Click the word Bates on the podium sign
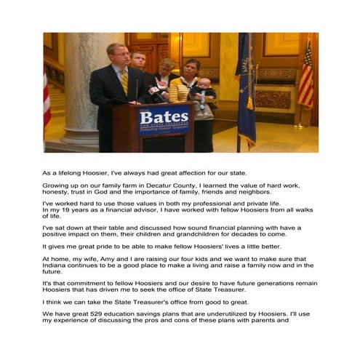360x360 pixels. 164,116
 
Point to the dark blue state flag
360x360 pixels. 246,87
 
